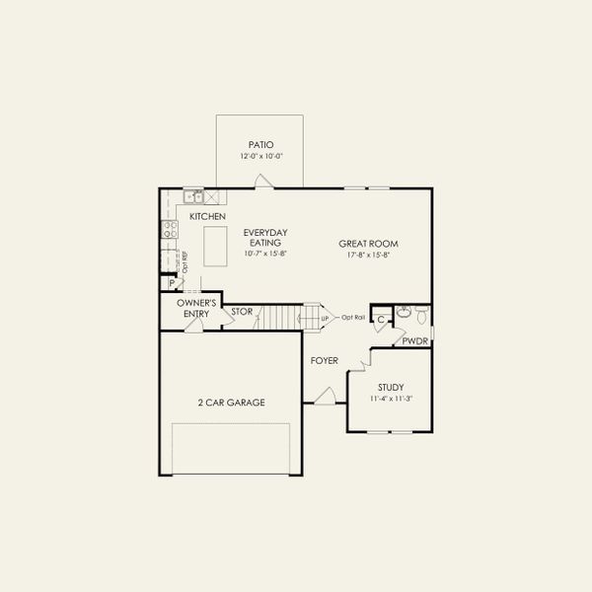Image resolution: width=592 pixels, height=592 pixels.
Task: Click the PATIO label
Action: [260, 145]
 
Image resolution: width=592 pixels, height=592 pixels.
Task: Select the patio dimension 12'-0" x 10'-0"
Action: [260, 156]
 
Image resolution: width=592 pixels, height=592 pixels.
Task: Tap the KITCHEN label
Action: [207, 216]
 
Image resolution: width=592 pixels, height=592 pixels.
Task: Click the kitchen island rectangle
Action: [215, 245]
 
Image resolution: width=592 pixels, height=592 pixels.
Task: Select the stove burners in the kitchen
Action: [169, 231]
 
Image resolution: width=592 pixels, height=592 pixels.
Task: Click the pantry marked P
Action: [172, 283]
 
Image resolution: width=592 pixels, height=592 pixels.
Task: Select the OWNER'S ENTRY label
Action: [196, 308]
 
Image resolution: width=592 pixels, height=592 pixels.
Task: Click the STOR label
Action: [243, 312]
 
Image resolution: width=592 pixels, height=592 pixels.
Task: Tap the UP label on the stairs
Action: [324, 318]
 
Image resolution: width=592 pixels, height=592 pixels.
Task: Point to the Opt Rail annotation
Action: [353, 317]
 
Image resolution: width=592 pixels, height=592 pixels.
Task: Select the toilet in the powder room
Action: [421, 317]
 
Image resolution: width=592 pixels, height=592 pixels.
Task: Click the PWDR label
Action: [414, 341]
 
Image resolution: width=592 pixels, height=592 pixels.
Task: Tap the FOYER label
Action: [325, 361]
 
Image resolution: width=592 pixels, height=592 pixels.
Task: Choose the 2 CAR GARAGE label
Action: [231, 402]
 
